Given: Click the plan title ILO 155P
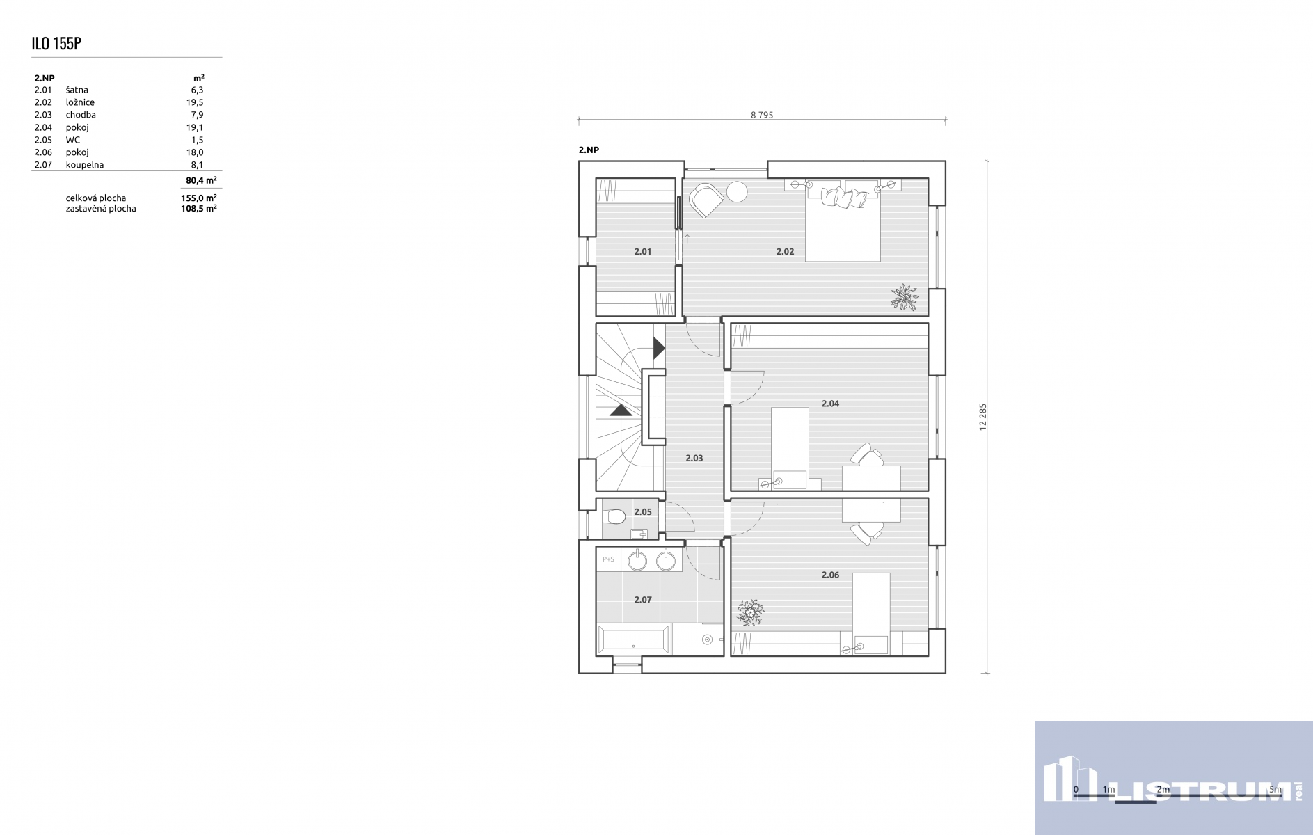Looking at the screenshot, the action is tap(56, 43).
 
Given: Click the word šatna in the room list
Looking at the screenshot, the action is tap(77, 90).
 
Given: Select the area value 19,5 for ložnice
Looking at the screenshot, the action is tap(195, 102).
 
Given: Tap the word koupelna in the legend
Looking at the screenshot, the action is tap(85, 165).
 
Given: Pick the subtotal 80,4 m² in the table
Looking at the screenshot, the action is tap(201, 180).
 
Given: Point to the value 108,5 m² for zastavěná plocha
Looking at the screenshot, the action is tap(199, 208).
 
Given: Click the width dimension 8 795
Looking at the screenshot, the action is tap(762, 116).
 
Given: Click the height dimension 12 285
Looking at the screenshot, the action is tap(983, 417).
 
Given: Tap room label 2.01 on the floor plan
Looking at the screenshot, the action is tap(643, 252).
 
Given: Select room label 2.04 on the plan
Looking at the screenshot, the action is tap(830, 404).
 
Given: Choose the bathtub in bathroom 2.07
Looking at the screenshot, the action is tap(634, 639).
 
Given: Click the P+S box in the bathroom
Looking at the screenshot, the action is tap(609, 559).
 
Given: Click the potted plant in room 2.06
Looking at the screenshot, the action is tap(751, 612).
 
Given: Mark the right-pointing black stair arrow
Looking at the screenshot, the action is tap(659, 348).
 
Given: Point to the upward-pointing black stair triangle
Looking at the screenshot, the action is tap(621, 410).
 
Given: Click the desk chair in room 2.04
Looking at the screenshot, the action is tap(867, 455).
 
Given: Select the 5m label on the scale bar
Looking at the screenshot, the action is tap(1275, 790).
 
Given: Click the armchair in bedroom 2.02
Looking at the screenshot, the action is tap(706, 200).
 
